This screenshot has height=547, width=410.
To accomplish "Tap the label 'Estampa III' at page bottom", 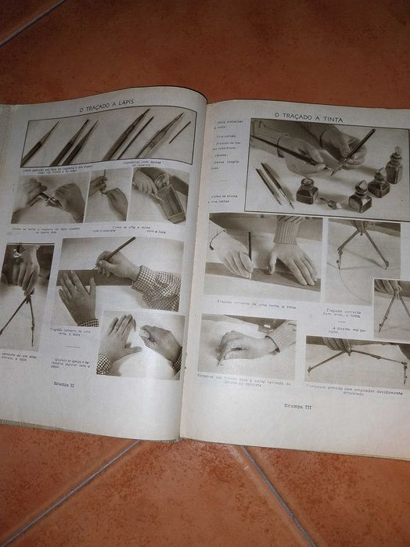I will pyautogui.click(x=297, y=405).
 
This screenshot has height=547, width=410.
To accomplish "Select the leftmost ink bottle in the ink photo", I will pyautogui.click(x=306, y=191).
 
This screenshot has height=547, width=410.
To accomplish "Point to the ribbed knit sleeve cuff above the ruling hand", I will pyautogui.click(x=290, y=229).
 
